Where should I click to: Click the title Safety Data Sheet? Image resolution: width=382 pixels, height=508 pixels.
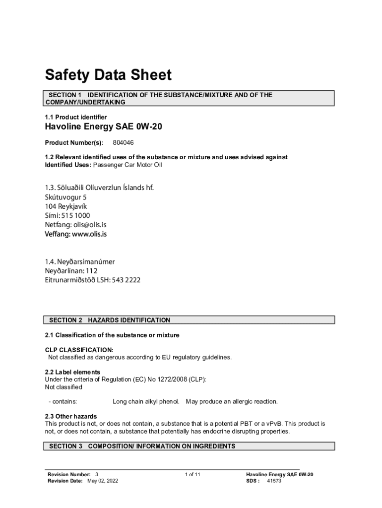click(108, 75)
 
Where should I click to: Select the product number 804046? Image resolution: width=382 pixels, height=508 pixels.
click(123, 143)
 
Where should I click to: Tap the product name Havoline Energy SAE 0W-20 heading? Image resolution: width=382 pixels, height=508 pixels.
click(103, 127)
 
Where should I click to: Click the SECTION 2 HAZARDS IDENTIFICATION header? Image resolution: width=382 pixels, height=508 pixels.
click(110, 320)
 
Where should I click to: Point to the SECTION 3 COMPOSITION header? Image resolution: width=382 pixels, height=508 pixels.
click(142, 446)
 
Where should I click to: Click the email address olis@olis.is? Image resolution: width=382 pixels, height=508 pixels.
click(87, 224)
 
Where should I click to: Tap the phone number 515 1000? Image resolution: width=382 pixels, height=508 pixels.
click(78, 215)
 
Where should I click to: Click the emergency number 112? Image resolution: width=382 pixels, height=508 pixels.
click(91, 271)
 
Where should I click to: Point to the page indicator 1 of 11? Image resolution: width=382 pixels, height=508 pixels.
click(192, 475)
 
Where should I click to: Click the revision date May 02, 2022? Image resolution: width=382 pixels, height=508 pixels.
click(103, 481)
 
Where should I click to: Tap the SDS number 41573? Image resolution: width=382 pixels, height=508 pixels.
click(274, 481)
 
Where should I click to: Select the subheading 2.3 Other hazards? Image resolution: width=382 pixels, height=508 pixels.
click(71, 416)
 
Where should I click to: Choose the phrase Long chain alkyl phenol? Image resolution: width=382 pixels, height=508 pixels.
click(146, 401)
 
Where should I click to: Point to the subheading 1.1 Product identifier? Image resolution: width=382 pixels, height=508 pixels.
click(75, 117)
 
